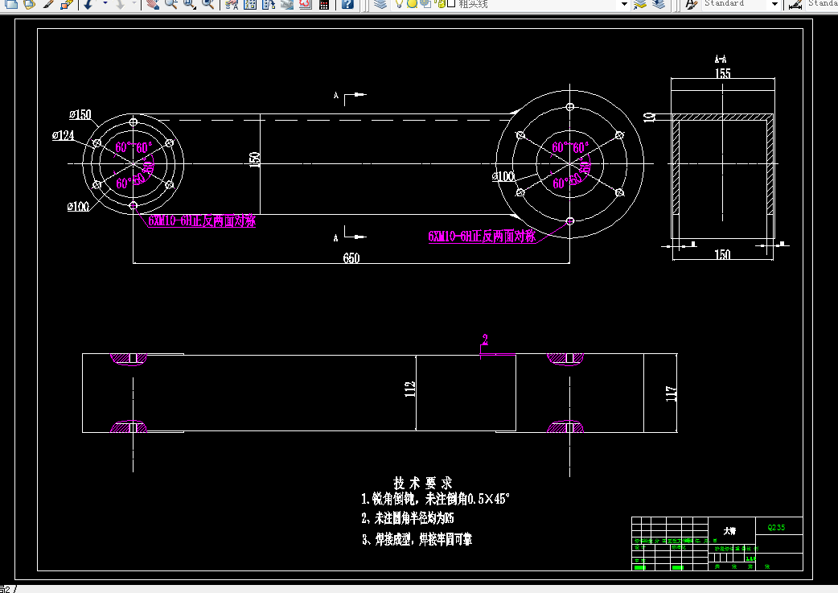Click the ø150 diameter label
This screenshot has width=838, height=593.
click(x=80, y=114)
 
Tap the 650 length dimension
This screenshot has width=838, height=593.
click(x=351, y=258)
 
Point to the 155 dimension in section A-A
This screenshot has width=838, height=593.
click(x=722, y=73)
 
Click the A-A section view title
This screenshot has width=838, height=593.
click(x=721, y=59)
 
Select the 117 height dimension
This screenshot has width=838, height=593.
click(x=672, y=393)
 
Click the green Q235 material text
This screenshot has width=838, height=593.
click(x=776, y=528)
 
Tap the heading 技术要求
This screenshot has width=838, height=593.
click(x=423, y=483)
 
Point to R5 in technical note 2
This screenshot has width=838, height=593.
click(x=448, y=518)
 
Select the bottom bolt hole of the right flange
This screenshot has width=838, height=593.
click(x=570, y=220)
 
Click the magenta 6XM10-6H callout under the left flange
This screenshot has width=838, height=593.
click(x=201, y=221)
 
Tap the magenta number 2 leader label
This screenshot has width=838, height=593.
click(x=485, y=339)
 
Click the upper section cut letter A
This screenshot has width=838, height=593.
click(x=336, y=96)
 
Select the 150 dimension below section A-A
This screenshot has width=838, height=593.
click(x=722, y=255)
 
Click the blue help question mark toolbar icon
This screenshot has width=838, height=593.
click(x=347, y=4)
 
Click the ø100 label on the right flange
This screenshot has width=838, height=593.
click(x=503, y=176)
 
